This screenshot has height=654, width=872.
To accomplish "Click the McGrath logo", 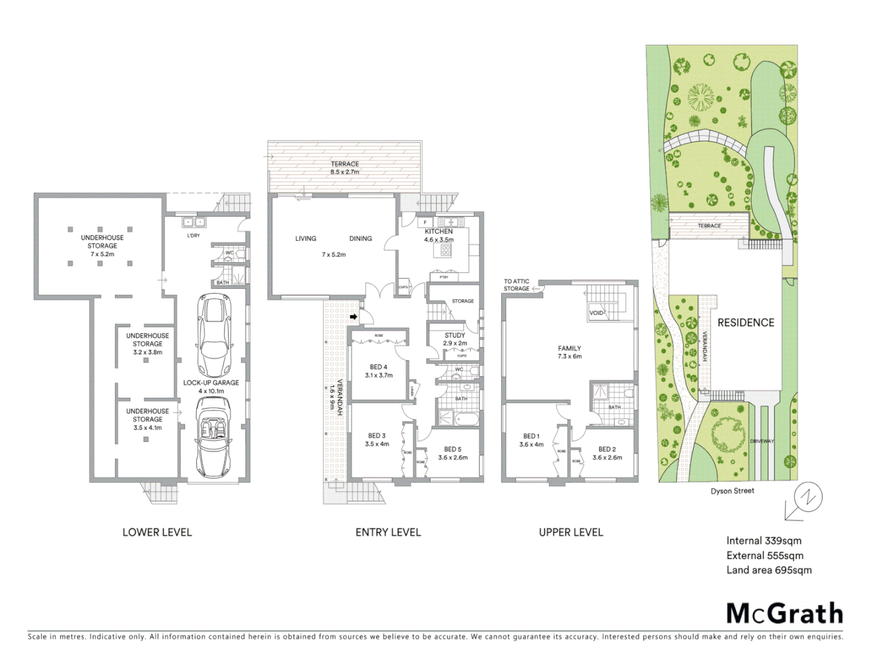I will pyautogui.click(x=784, y=613).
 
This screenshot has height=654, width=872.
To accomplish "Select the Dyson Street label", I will pyautogui.click(x=732, y=490).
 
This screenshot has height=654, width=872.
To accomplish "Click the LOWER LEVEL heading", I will pyautogui.click(x=157, y=532).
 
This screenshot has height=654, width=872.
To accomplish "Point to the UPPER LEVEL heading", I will pyautogui.click(x=570, y=532).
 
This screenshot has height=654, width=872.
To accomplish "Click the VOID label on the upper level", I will pyautogui.click(x=596, y=313).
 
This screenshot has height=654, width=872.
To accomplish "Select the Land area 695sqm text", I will pyautogui.click(x=769, y=570).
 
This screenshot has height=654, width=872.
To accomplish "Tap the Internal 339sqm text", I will pyautogui.click(x=764, y=541).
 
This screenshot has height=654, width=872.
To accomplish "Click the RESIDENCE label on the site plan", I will pyautogui.click(x=745, y=323).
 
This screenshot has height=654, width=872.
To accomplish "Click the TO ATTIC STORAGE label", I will pyautogui.click(x=517, y=285).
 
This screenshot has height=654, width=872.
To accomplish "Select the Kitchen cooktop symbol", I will pyautogui.click(x=446, y=250).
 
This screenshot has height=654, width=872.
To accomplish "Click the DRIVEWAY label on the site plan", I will pyautogui.click(x=762, y=441).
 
